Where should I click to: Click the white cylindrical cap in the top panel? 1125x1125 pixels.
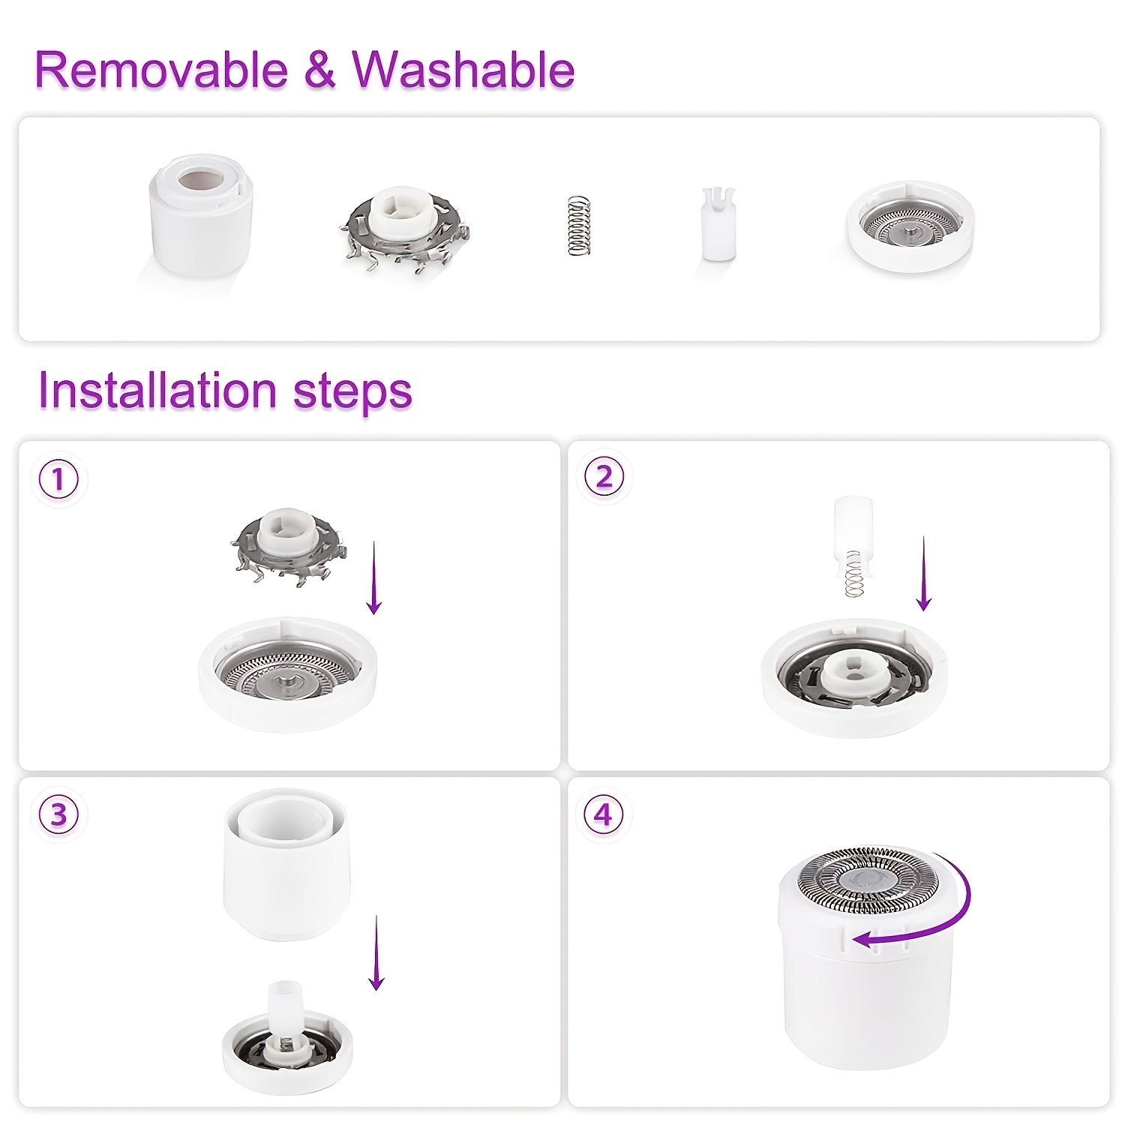point(199,215)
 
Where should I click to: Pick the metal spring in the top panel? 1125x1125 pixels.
point(579,224)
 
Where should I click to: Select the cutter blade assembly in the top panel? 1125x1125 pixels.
point(403,224)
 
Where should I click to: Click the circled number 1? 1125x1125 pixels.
point(58,479)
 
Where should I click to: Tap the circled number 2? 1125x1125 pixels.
point(604,478)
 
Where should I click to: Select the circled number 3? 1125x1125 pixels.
point(58,815)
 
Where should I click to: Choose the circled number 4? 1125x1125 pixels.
point(604,815)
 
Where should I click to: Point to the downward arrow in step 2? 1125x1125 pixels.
point(924,574)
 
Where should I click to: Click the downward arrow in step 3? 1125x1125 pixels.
point(376,952)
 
